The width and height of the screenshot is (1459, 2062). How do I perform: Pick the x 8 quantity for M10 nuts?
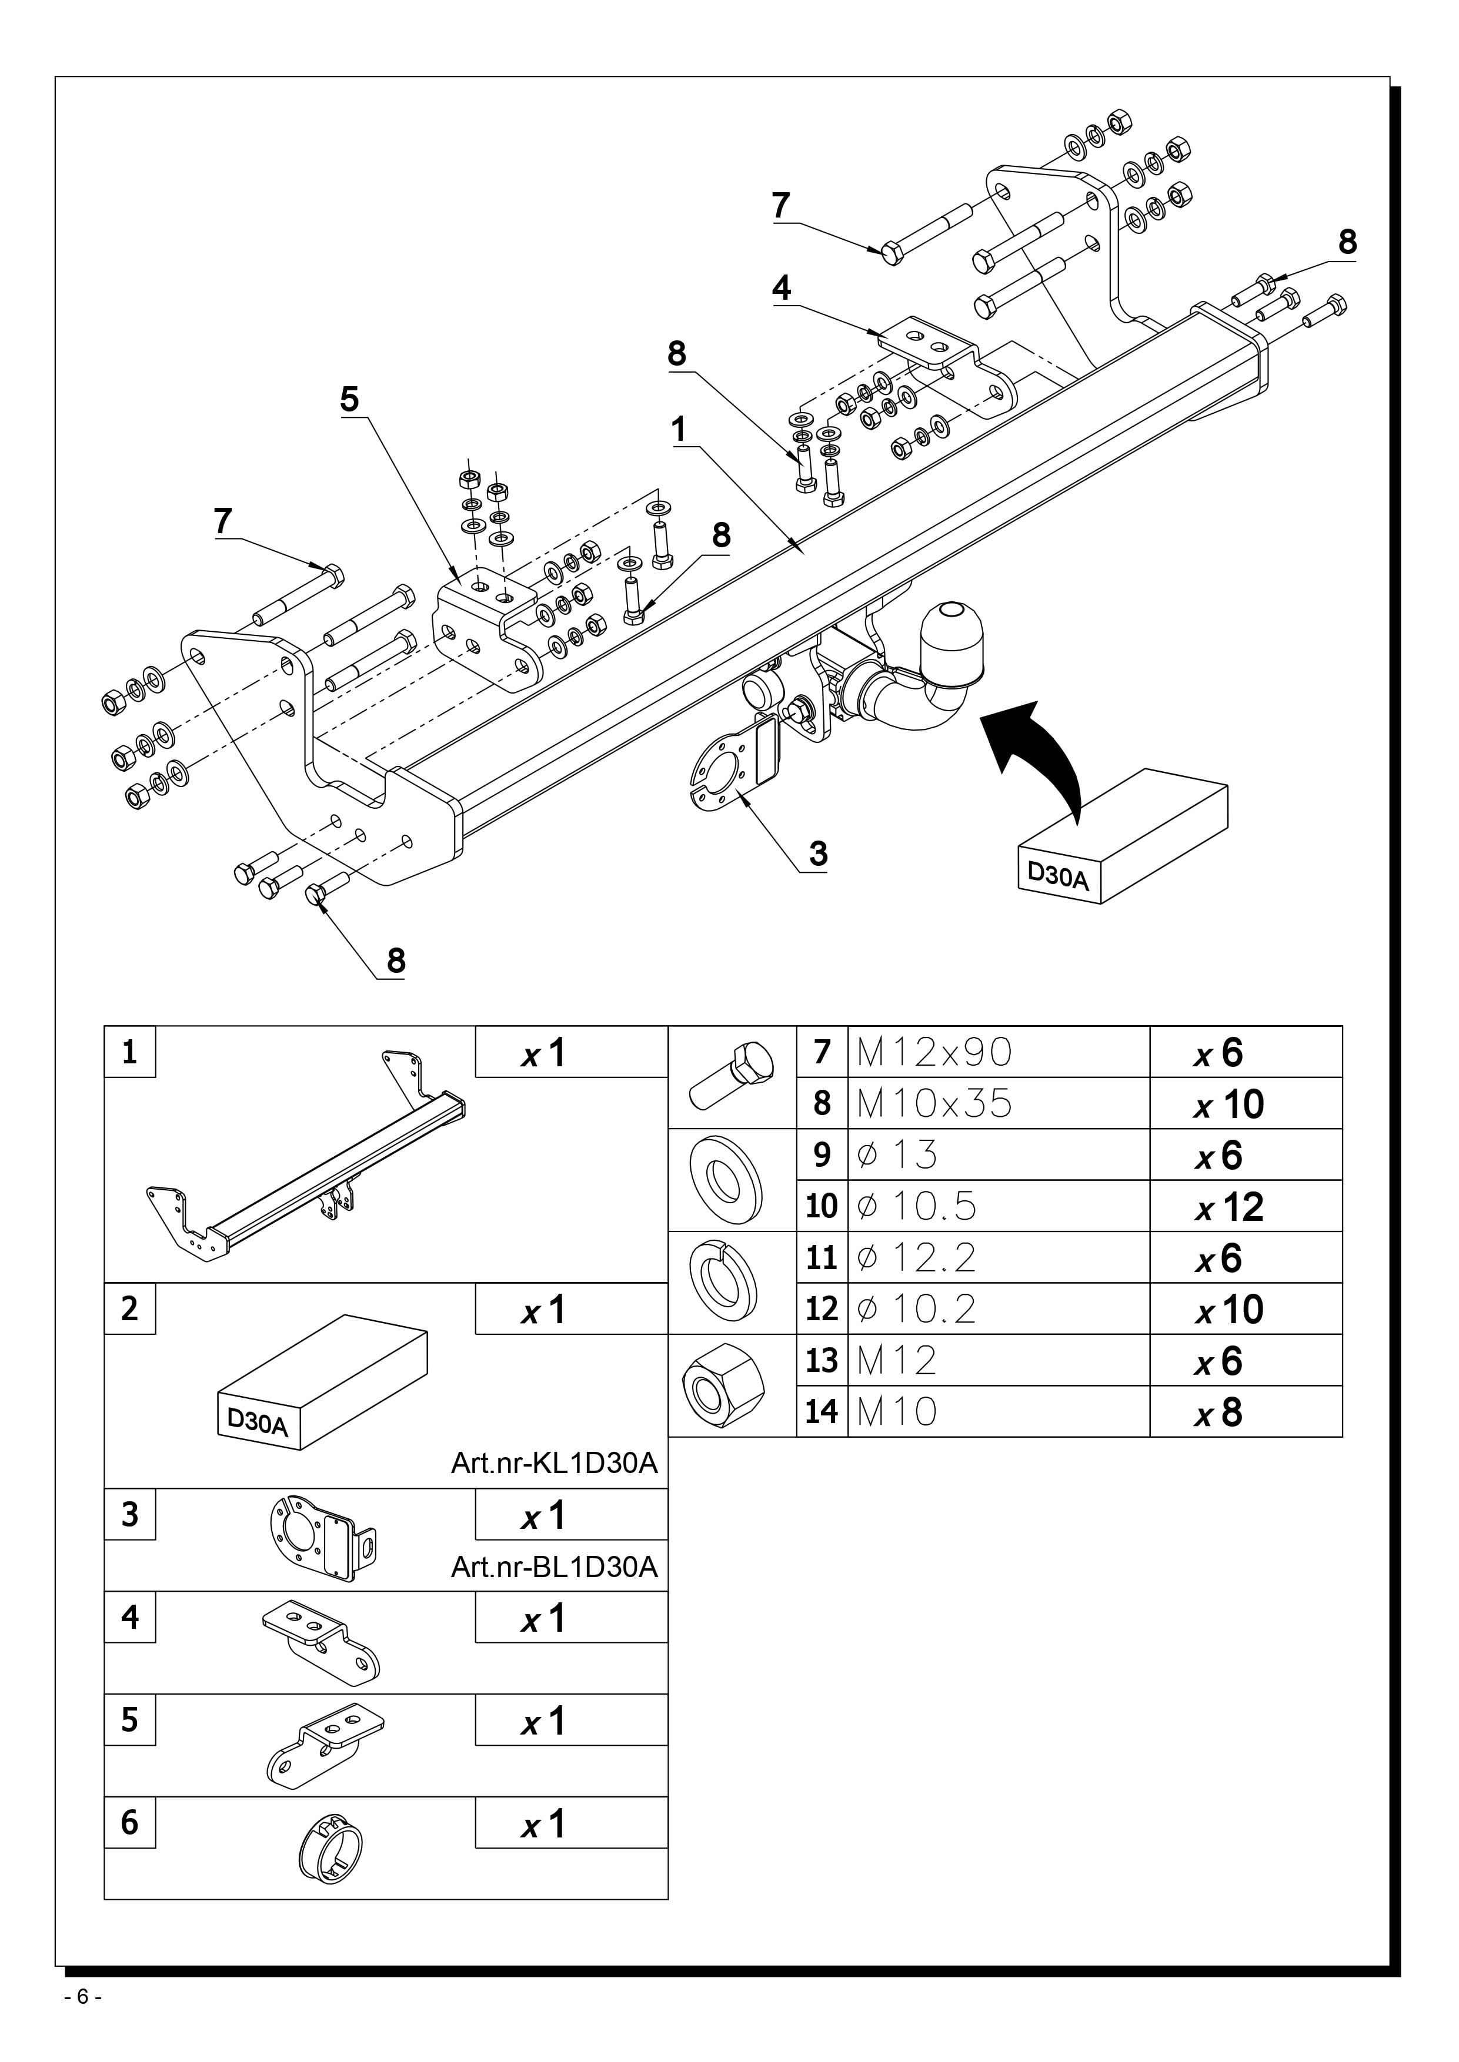point(1218,1412)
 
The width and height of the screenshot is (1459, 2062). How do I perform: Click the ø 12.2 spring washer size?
point(916,1257)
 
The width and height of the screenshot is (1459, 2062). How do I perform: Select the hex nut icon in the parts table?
point(724,1384)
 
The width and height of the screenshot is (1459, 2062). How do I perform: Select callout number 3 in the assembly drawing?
point(817,852)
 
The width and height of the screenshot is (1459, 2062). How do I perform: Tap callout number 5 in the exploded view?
point(349,399)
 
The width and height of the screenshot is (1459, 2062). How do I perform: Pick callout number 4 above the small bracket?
point(782,288)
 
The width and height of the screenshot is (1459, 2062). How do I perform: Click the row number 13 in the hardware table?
point(821,1361)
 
